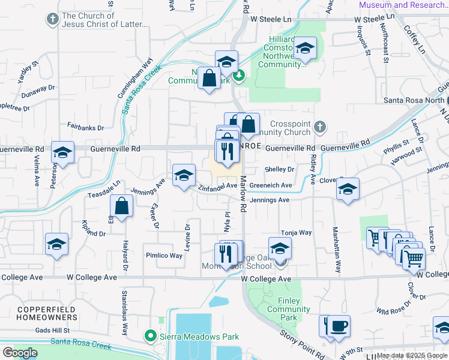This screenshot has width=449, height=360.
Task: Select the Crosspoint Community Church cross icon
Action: point(321,127)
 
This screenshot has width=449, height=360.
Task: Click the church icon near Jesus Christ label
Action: point(53,20)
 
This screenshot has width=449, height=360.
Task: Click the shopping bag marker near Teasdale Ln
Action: point(122,206)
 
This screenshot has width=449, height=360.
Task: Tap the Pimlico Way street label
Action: point(164,255)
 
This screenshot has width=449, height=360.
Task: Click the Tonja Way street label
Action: point(297,232)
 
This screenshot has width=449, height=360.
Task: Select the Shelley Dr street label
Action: point(279,170)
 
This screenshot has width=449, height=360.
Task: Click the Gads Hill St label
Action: point(52,330)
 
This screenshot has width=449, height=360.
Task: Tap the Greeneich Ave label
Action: point(271,185)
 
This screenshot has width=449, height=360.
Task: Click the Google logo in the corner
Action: point(20,352)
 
